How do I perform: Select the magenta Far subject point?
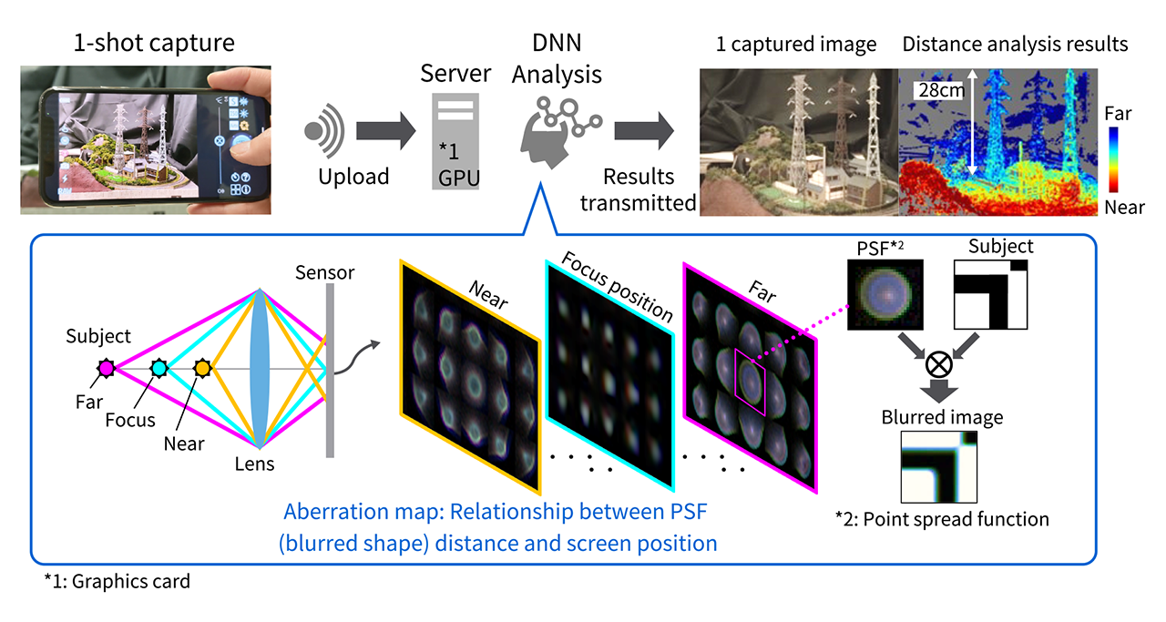(x=106, y=368)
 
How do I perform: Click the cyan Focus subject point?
(x=159, y=368)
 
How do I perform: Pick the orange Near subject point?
(x=202, y=368)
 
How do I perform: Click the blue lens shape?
(x=261, y=368)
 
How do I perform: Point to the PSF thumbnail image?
(x=885, y=293)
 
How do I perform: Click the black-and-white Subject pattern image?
(x=990, y=293)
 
